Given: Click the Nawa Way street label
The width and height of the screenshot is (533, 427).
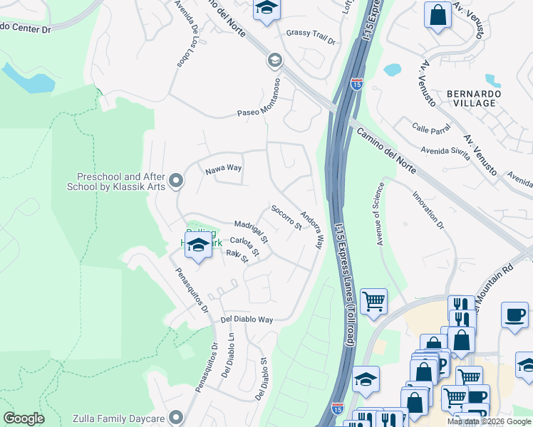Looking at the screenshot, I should (x=224, y=169).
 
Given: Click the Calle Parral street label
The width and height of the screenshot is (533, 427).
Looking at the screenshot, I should (x=431, y=128).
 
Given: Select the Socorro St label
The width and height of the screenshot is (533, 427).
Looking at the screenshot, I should (x=286, y=217).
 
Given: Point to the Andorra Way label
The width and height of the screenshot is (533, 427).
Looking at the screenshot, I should (x=311, y=229).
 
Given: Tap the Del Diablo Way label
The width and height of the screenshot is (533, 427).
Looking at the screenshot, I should (x=247, y=320).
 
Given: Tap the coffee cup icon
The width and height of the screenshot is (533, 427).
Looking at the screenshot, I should (x=514, y=314).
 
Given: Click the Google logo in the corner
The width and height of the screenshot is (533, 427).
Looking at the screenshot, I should (x=24, y=418).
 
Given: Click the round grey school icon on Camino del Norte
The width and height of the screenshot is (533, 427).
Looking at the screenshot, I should (x=274, y=60).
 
